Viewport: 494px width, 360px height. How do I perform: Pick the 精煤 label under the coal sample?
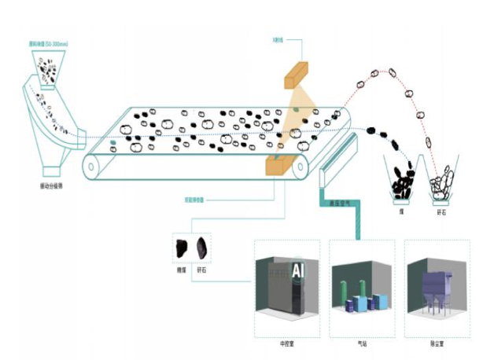point(181,270)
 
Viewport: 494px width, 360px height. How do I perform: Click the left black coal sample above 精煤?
point(180,248)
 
